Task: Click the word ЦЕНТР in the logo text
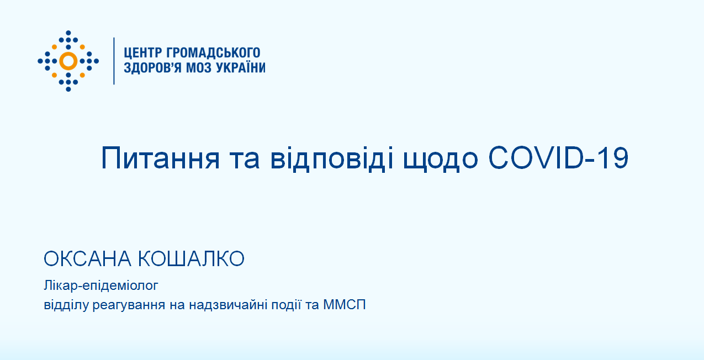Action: pyautogui.click(x=142, y=53)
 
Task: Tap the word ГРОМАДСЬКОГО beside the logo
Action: pyautogui.click(x=213, y=52)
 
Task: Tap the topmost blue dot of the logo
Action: pyautogui.click(x=68, y=33)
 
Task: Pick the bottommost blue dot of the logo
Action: pyautogui.click(x=68, y=89)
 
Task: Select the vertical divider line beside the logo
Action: pyautogui.click(x=114, y=61)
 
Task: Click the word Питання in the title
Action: pyautogui.click(x=160, y=158)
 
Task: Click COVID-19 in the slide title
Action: pyautogui.click(x=558, y=157)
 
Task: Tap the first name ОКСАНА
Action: pyautogui.click(x=87, y=259)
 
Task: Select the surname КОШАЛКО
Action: pyautogui.click(x=191, y=259)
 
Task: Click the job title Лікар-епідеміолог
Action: pyautogui.click(x=101, y=285)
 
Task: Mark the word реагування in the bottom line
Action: pyautogui.click(x=129, y=305)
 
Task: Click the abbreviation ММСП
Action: pyautogui.click(x=345, y=305)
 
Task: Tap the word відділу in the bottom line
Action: pyautogui.click(x=66, y=305)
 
